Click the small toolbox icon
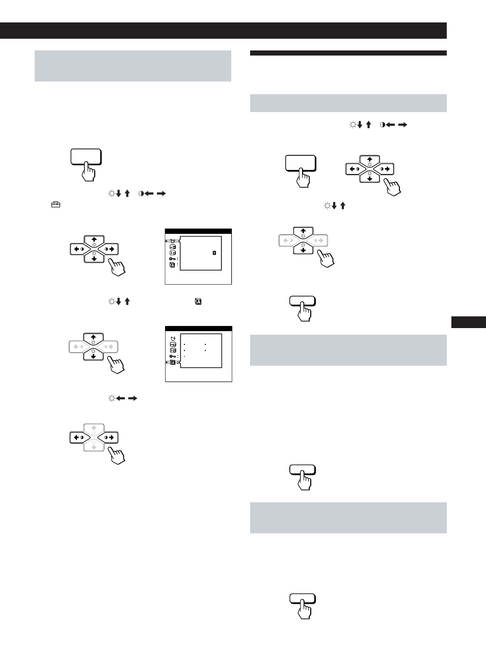(56, 204)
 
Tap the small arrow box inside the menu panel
(214, 253)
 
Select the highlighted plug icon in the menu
(173, 241)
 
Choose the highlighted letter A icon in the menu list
(173, 362)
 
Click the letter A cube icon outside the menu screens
(198, 302)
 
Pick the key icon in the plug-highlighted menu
(173, 259)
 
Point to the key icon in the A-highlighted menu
(173, 356)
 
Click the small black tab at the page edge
(468, 322)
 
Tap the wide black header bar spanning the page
(223, 31)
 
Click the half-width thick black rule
(348, 53)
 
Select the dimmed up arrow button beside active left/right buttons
(94, 429)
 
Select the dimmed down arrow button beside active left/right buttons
(94, 446)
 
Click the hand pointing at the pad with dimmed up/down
(117, 454)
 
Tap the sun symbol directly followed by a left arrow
(111, 398)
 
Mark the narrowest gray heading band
(348, 103)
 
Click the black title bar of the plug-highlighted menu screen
(198, 231)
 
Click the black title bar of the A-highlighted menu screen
(198, 329)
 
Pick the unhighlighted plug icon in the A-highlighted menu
(173, 339)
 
